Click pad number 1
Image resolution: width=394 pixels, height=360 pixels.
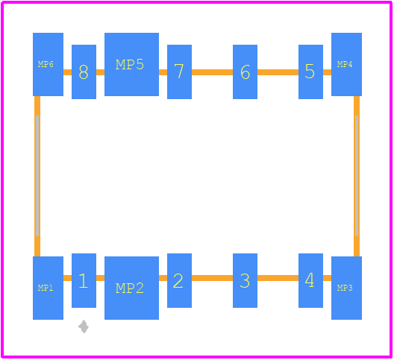click(84, 280)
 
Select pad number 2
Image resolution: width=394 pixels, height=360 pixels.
click(179, 280)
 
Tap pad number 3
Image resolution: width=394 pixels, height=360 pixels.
click(245, 280)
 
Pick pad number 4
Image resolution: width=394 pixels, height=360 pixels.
click(310, 280)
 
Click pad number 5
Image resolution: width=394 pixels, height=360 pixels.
click(310, 72)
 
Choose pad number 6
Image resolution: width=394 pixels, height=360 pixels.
click(245, 72)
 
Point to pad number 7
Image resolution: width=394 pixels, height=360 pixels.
click(179, 72)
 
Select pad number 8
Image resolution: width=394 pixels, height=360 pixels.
click(84, 72)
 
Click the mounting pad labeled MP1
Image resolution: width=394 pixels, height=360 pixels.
click(48, 288)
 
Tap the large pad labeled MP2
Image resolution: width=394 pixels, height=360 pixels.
click(131, 288)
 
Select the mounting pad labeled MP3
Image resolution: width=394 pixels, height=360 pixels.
click(346, 288)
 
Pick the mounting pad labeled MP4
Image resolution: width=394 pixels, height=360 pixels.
click(346, 64)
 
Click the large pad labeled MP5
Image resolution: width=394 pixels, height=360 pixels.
click(131, 64)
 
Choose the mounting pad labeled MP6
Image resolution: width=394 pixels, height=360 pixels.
click(48, 64)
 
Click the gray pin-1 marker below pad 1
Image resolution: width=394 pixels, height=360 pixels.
click(84, 326)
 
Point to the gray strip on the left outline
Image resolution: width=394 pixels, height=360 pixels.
click(37, 176)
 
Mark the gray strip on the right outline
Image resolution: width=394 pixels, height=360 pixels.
click(357, 176)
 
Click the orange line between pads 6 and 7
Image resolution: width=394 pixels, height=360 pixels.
click(213, 72)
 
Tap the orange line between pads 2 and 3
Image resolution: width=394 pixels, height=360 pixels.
click(213, 278)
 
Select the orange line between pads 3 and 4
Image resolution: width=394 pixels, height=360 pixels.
click(278, 278)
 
